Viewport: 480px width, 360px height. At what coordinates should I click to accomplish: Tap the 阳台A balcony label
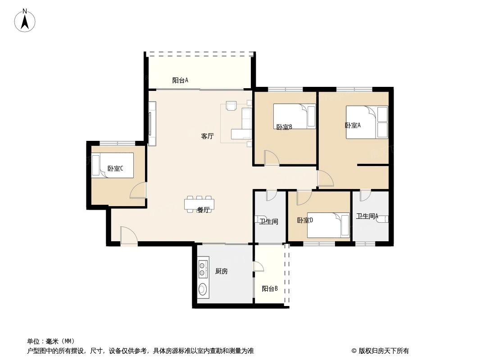pyautogui.click(x=180, y=81)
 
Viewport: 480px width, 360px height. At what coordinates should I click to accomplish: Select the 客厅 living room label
pyautogui.click(x=207, y=136)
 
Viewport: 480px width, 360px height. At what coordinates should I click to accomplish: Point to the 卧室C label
pyautogui.click(x=115, y=169)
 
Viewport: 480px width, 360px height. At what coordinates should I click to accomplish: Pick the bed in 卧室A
pyautogui.click(x=367, y=122)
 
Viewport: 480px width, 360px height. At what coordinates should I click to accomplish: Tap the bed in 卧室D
pyautogui.click(x=328, y=225)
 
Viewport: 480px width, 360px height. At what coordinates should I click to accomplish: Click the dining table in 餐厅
pyautogui.click(x=199, y=204)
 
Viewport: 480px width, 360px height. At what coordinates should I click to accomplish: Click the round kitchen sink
pyautogui.click(x=203, y=288)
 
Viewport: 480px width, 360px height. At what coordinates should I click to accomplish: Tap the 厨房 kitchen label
pyautogui.click(x=222, y=271)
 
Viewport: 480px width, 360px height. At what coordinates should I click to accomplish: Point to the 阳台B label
pyautogui.click(x=270, y=289)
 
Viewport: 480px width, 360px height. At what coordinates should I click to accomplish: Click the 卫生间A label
pyautogui.click(x=367, y=216)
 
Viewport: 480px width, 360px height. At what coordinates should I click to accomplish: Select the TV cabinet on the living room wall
pyautogui.click(x=152, y=123)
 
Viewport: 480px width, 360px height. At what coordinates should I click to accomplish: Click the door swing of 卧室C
pyautogui.click(x=138, y=191)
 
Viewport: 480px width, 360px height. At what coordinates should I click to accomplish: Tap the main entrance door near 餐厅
pyautogui.click(x=128, y=236)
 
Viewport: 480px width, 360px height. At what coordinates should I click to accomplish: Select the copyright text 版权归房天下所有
pyautogui.click(x=380, y=351)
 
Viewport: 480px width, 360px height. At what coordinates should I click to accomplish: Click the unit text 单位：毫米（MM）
pyautogui.click(x=51, y=341)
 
